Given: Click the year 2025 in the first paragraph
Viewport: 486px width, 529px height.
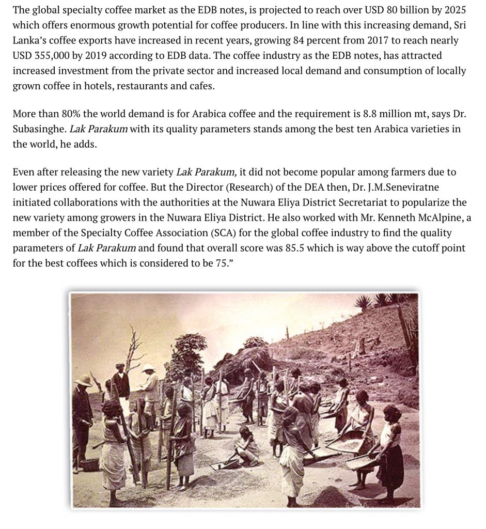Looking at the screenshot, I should click(x=457, y=10).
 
